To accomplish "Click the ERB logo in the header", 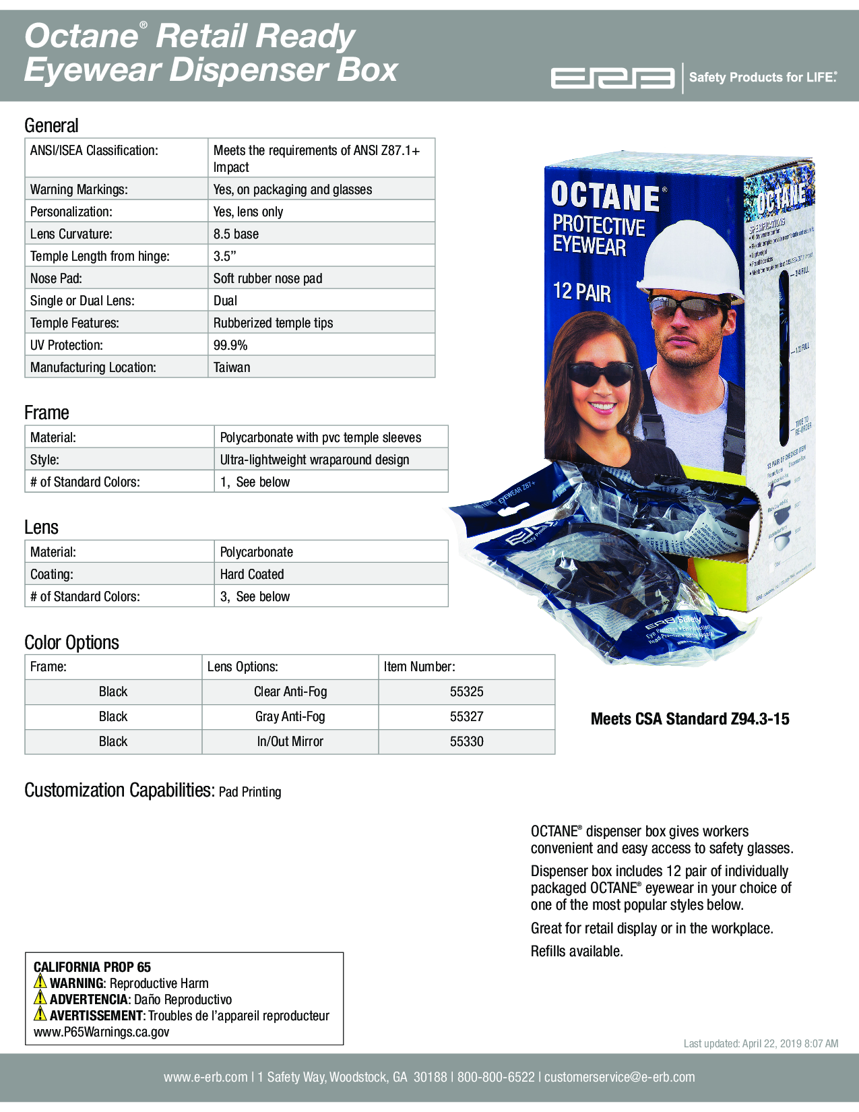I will click(612, 78).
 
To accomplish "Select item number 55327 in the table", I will click(466, 716).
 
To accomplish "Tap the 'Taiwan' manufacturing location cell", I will click(232, 367).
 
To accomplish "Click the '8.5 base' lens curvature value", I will click(236, 234).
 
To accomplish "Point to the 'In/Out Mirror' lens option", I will click(290, 741).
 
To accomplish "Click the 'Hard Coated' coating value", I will click(252, 574).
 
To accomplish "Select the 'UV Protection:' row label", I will click(67, 345).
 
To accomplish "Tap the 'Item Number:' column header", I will click(419, 667).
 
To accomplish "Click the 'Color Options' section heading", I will click(71, 642).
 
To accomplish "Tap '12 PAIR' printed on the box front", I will click(582, 292).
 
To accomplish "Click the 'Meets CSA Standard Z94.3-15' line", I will click(690, 719).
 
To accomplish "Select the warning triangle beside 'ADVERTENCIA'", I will click(40, 998).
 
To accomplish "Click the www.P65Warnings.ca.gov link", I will click(101, 1032).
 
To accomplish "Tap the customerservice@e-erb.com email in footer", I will click(619, 1077).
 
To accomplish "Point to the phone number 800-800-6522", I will click(496, 1077).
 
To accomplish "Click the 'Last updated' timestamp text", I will click(761, 1043).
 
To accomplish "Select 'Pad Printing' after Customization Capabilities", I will click(250, 792).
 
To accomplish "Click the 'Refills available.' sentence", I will click(577, 951).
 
